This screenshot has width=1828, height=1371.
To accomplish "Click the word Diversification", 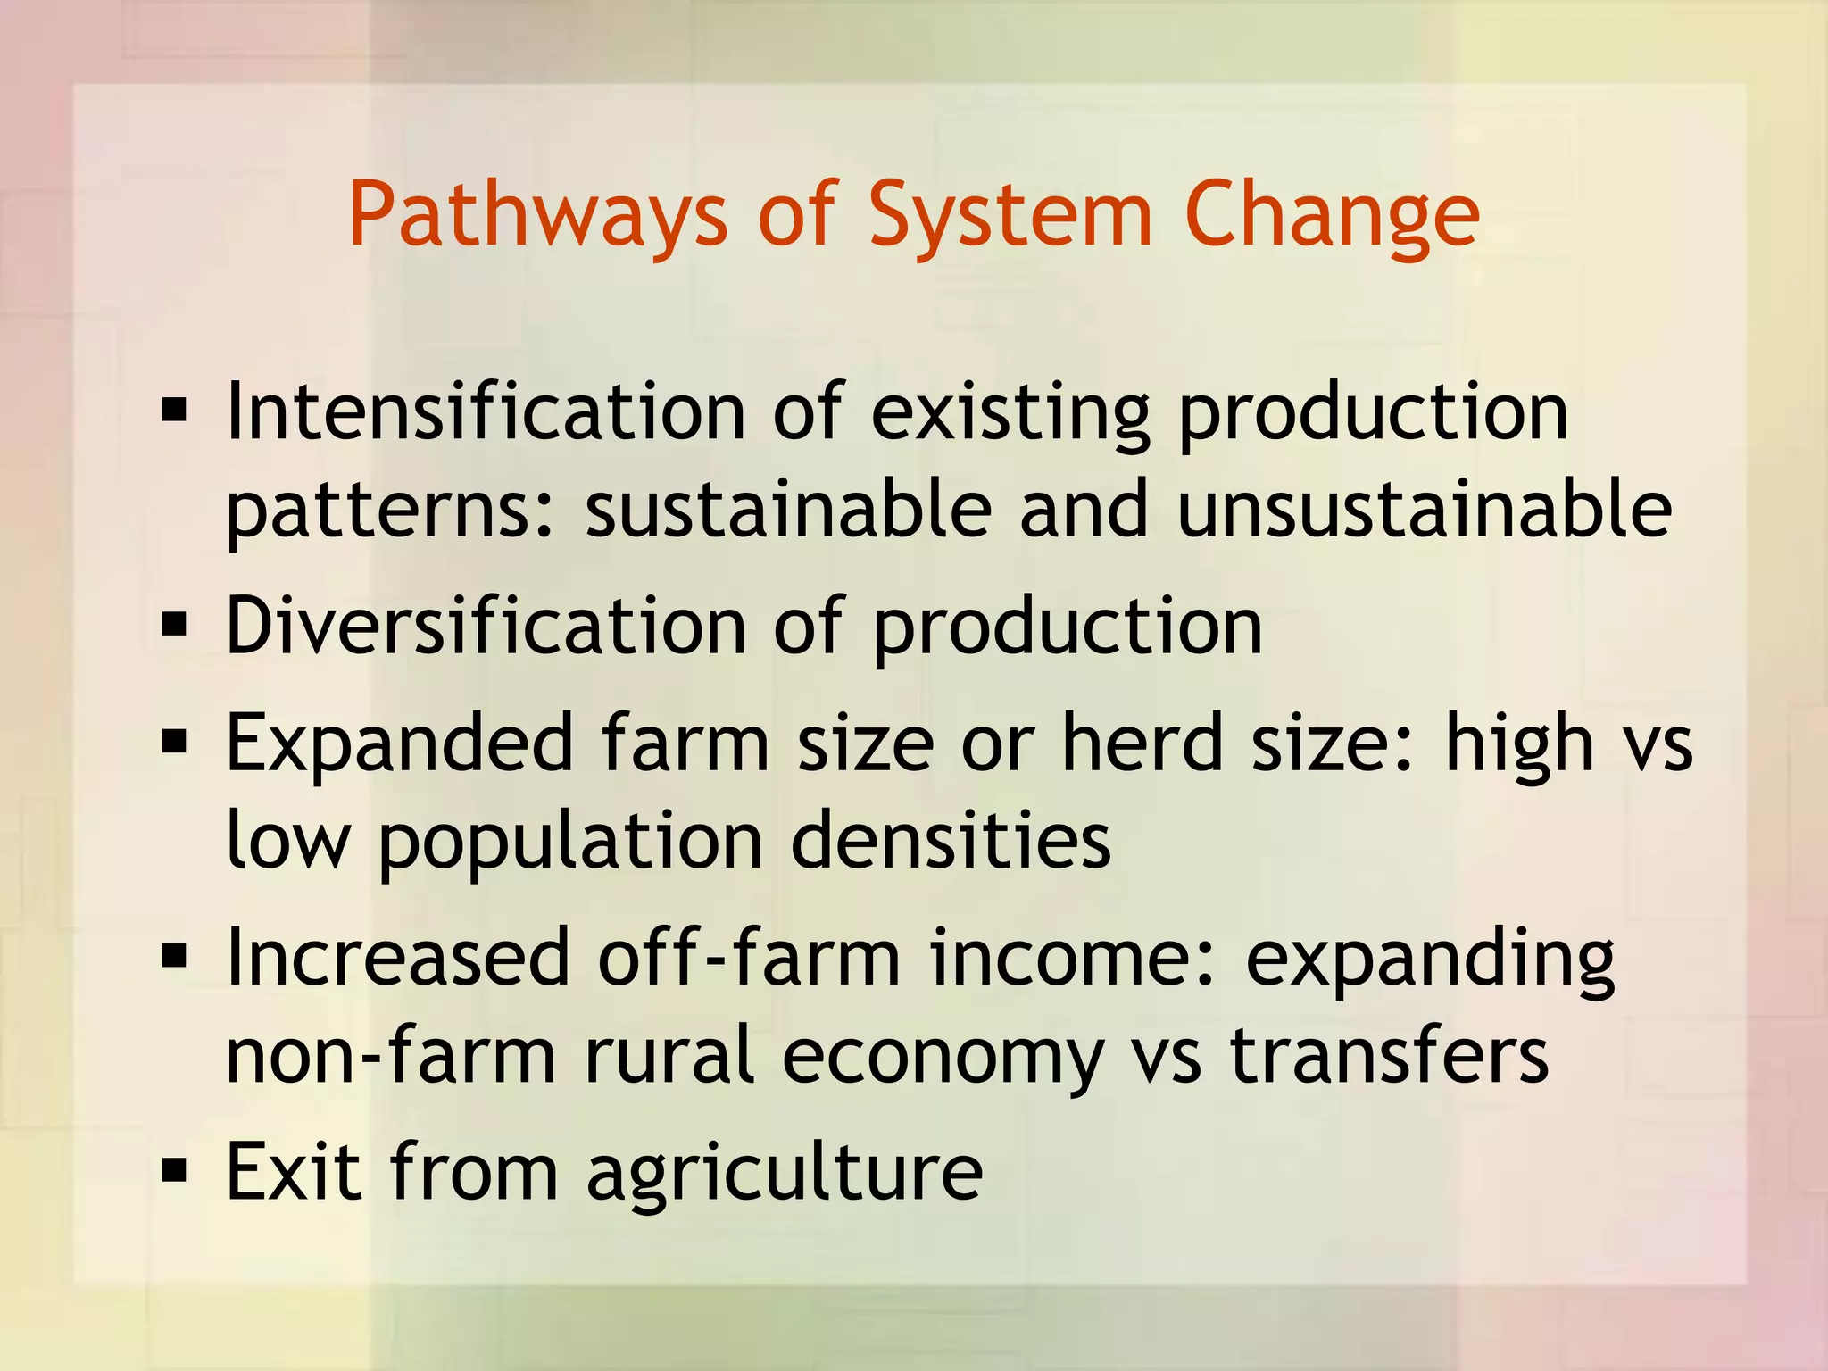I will point(486,627).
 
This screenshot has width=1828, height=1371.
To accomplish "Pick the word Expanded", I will point(398,744).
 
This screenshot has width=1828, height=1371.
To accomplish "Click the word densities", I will point(951,841).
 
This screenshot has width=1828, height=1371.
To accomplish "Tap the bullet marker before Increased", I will point(174,957).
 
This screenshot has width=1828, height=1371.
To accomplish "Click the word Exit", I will point(294,1171).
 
